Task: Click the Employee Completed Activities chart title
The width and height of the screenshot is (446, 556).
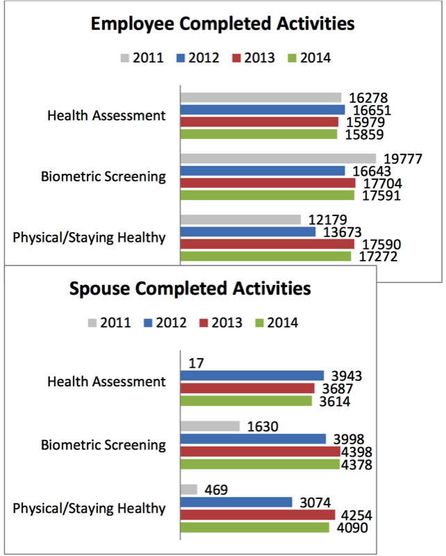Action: tap(222, 24)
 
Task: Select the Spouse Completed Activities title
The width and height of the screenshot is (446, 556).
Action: tap(190, 288)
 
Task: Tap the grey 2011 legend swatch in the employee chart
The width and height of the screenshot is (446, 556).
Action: tap(125, 58)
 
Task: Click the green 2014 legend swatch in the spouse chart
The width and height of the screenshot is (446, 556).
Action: tap(260, 323)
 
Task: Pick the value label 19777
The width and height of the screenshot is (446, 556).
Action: tap(403, 159)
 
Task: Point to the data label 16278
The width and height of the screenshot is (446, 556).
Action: tap(368, 98)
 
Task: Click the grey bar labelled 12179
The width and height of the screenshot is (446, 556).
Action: tap(241, 220)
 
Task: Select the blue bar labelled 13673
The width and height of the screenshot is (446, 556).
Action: tap(248, 232)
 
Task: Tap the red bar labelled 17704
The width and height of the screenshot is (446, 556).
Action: tap(268, 183)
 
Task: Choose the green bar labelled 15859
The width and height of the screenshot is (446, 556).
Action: tap(259, 134)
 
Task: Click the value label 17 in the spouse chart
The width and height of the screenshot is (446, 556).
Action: tap(197, 363)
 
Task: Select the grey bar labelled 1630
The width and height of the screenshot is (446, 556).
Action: tap(210, 426)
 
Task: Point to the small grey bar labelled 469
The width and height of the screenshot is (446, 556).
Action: tap(189, 490)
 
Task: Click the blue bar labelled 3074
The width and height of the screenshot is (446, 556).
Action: tap(236, 502)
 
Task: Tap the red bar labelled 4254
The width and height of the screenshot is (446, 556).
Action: tap(258, 515)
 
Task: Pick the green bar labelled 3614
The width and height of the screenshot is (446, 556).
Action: tap(247, 401)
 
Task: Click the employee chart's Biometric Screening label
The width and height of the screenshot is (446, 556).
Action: tap(104, 177)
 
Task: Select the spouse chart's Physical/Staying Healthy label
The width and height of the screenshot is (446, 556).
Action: tap(89, 509)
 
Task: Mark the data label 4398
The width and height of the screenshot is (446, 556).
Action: tap(356, 452)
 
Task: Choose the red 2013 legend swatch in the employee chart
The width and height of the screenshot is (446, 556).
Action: tap(236, 58)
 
